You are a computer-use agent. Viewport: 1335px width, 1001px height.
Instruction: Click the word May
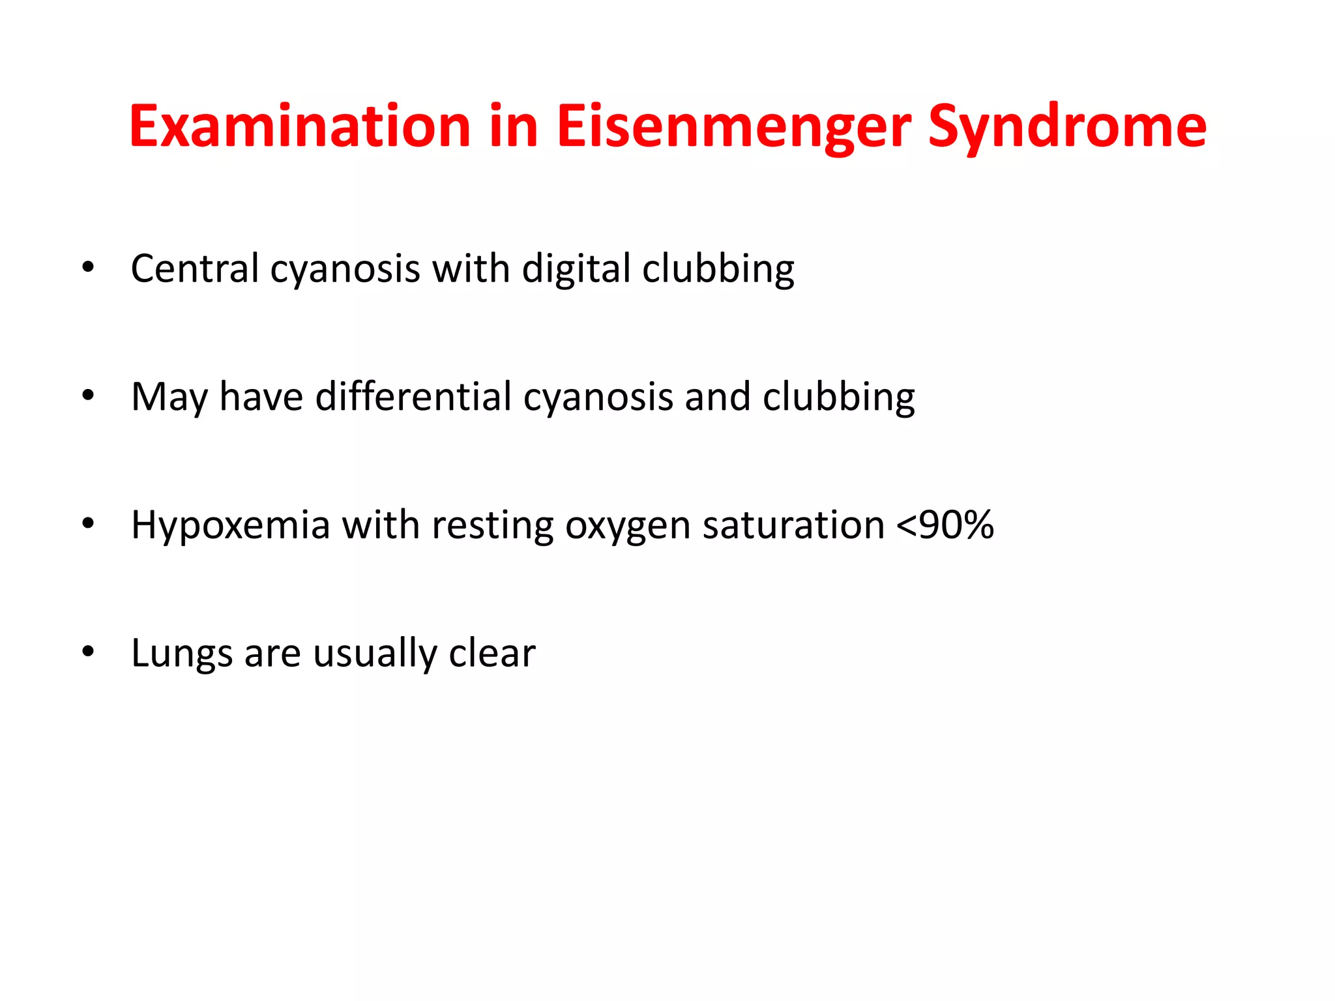169,397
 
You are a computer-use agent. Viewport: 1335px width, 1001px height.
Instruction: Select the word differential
413,396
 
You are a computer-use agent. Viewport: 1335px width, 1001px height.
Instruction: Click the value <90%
945,525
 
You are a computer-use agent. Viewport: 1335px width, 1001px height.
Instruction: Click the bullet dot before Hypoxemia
88,523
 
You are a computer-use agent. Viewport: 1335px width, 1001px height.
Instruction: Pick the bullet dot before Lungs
88,652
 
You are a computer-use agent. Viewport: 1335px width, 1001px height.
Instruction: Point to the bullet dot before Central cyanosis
88,267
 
